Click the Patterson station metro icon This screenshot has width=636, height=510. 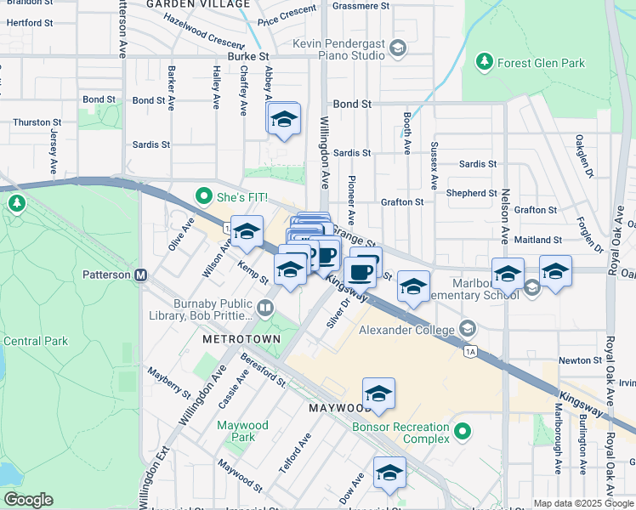pos(141,275)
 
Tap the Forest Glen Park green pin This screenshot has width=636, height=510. pos(484,62)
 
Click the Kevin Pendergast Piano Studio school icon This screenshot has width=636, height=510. pos(397,49)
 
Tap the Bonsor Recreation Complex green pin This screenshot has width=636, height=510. pos(462,432)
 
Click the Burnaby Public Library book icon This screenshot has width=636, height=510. pos(265,309)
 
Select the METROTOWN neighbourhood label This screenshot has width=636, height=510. pos(236,338)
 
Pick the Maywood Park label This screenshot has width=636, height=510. pos(242,431)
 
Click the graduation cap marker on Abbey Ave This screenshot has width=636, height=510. pos(284,119)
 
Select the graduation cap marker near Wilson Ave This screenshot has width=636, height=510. pos(247,232)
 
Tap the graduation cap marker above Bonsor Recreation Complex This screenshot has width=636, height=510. pos(378,394)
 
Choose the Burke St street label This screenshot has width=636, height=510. pos(248,56)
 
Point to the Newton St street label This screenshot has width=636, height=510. pos(581,360)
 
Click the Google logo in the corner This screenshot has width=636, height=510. pos(28,500)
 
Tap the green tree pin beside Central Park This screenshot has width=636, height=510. pos(16,203)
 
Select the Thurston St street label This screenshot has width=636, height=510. pos(31,122)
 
